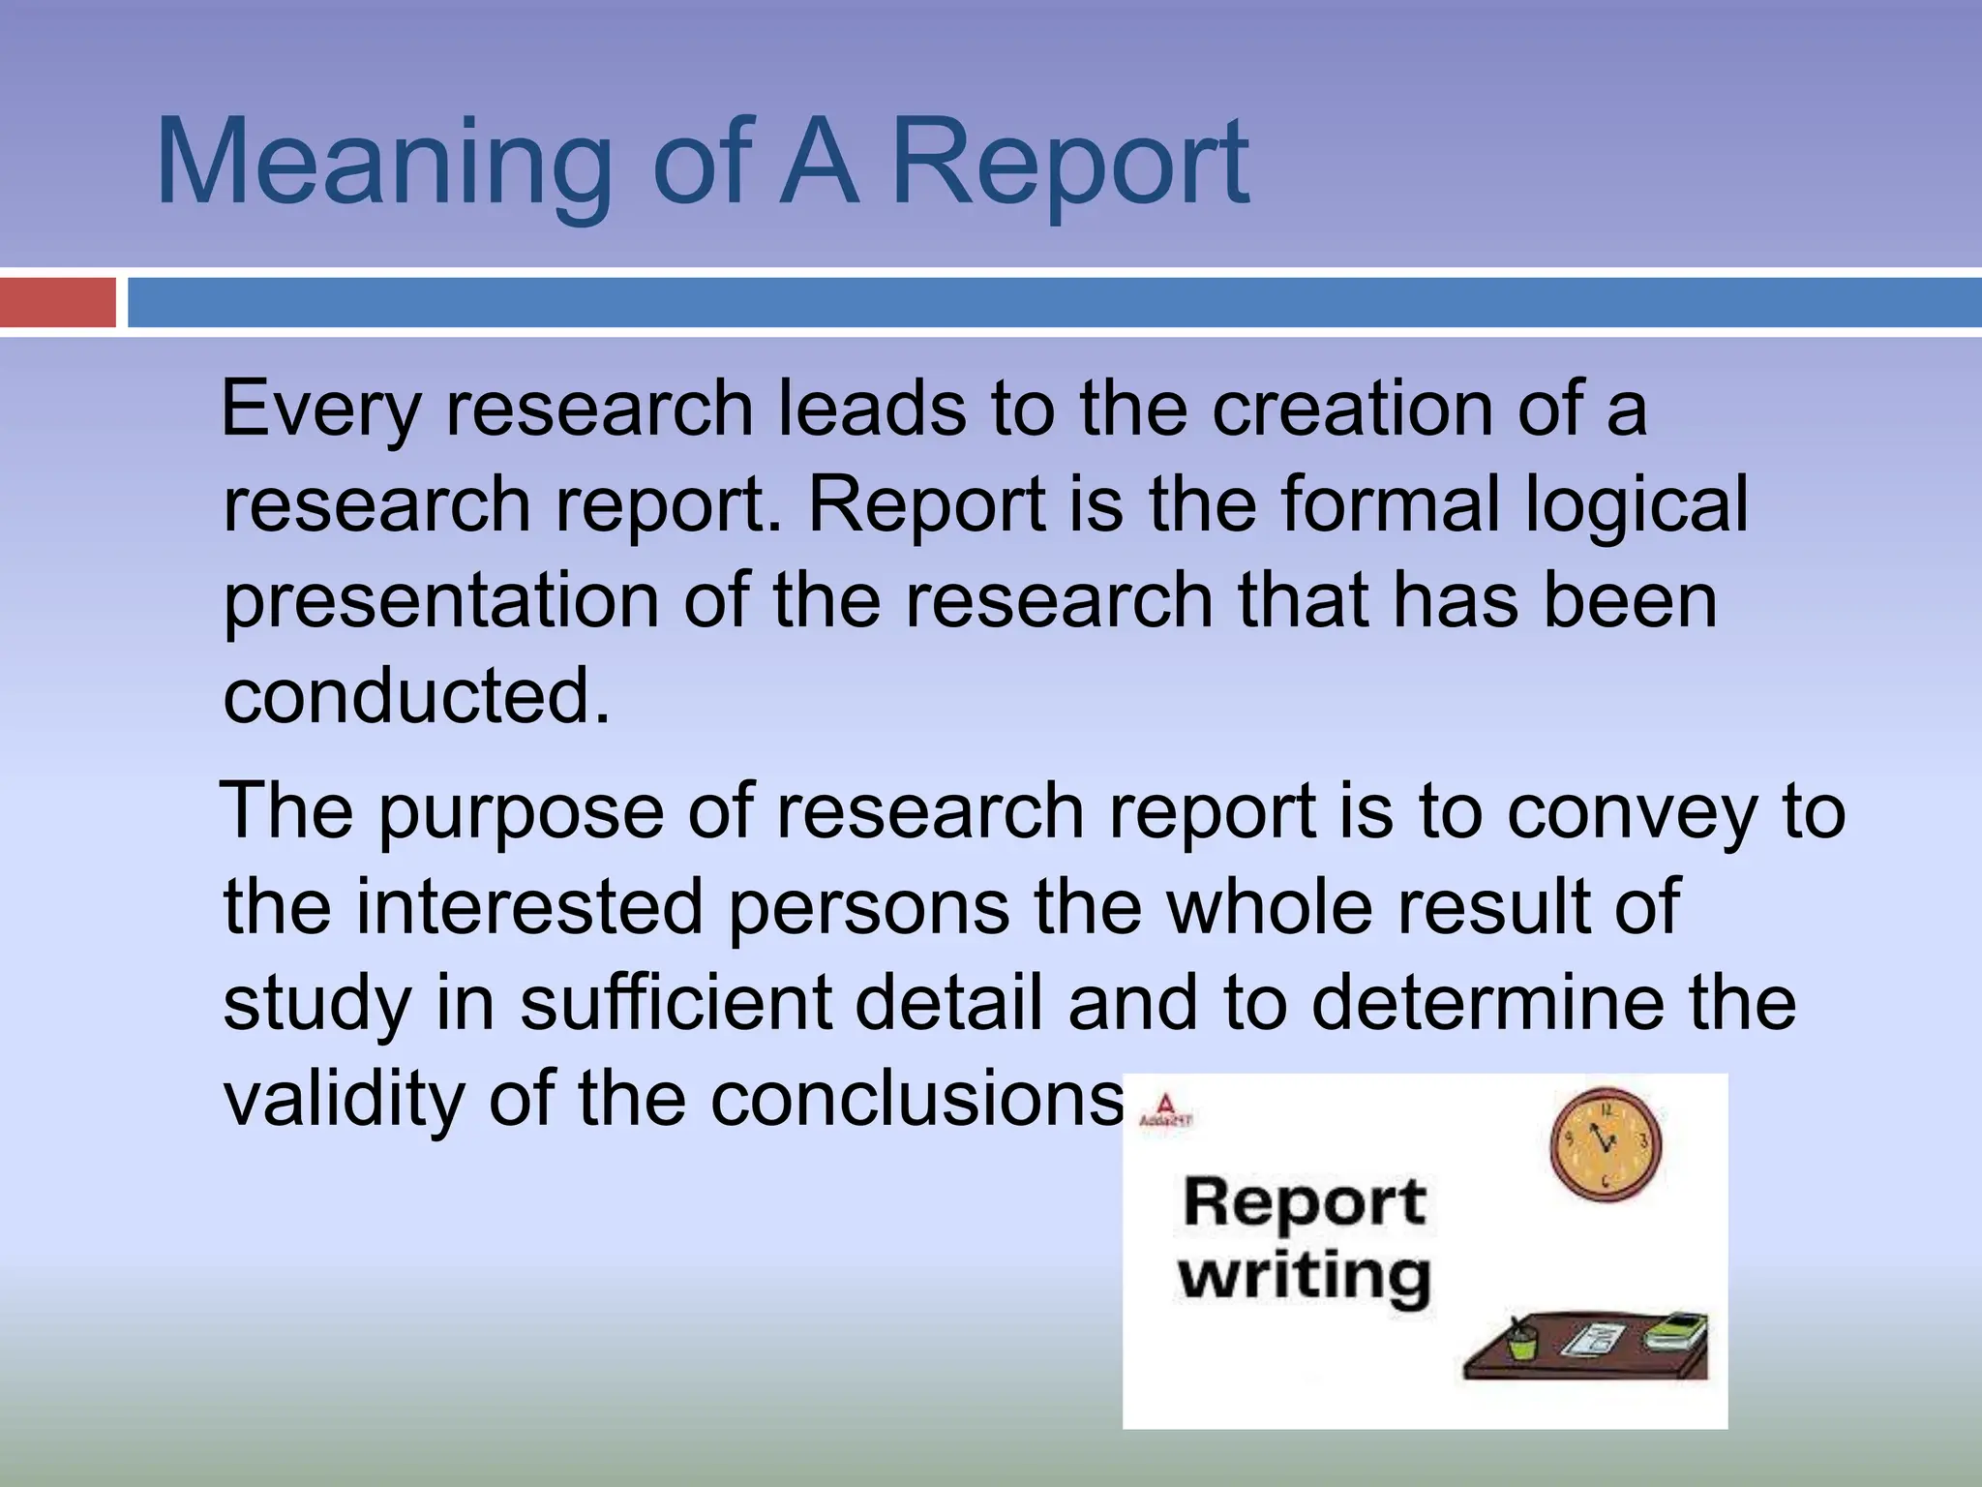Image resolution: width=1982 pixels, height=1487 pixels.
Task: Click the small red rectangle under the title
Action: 57,302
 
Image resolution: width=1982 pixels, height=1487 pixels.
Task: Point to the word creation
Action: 1354,409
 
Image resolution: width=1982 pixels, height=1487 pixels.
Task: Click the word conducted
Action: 416,696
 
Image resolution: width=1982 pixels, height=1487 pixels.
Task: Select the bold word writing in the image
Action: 1304,1276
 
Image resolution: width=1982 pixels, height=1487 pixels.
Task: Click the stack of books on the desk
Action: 1675,1332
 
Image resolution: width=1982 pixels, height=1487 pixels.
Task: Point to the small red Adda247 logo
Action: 1165,1109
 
